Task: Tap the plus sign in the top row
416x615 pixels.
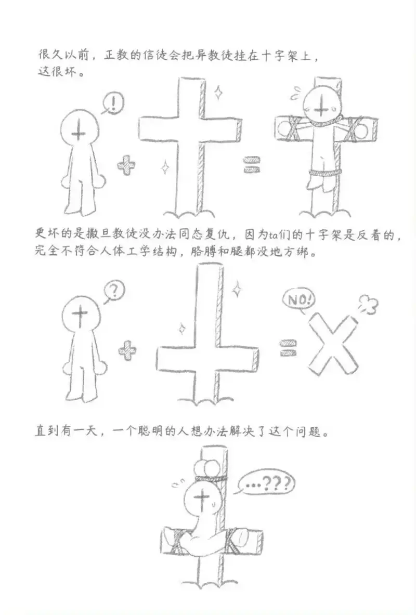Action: pyautogui.click(x=126, y=166)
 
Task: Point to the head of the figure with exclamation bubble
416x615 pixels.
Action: pyautogui.click(x=78, y=130)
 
